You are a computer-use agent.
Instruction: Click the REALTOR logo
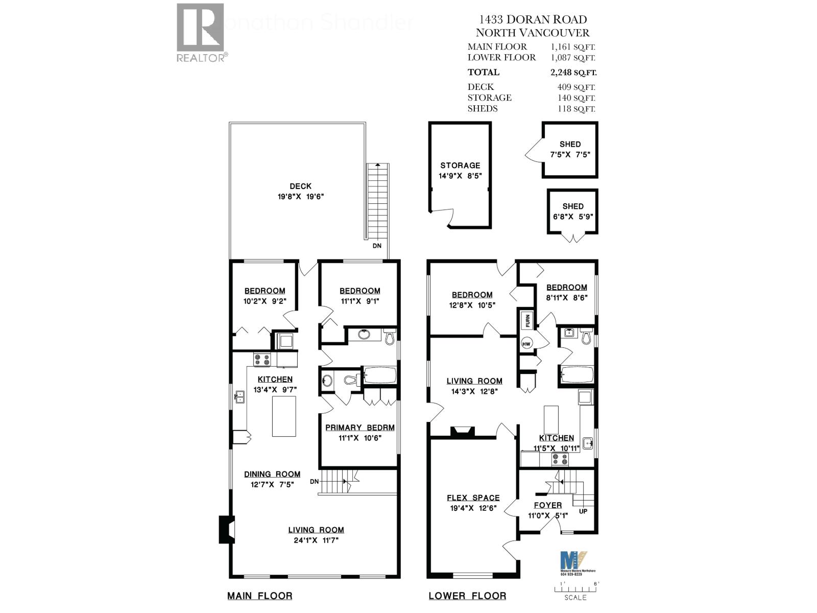pyautogui.click(x=201, y=32)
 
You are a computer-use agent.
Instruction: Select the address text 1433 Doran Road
pyautogui.click(x=533, y=19)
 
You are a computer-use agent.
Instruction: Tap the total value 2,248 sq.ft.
pyautogui.click(x=573, y=72)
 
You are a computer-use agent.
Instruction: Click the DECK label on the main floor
pyautogui.click(x=300, y=186)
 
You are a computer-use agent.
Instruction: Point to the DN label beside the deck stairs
pyautogui.click(x=377, y=246)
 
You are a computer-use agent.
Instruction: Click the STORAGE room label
pyautogui.click(x=460, y=166)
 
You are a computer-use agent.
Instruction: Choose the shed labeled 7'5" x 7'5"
pyautogui.click(x=570, y=150)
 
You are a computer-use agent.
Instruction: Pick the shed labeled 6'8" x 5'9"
pyautogui.click(x=572, y=211)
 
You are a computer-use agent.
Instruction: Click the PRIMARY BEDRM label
pyautogui.click(x=360, y=428)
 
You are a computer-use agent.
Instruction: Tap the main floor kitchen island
pyautogui.click(x=284, y=416)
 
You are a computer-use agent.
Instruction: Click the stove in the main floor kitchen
pyautogui.click(x=262, y=360)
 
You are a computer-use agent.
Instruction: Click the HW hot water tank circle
pyautogui.click(x=527, y=344)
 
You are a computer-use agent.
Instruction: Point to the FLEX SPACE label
pyautogui.click(x=473, y=498)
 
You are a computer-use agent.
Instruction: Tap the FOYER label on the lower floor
pyautogui.click(x=548, y=505)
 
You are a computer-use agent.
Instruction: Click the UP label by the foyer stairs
pyautogui.click(x=583, y=511)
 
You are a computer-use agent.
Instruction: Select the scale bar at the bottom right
pyautogui.click(x=575, y=589)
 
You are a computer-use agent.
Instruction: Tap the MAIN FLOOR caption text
pyautogui.click(x=259, y=596)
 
